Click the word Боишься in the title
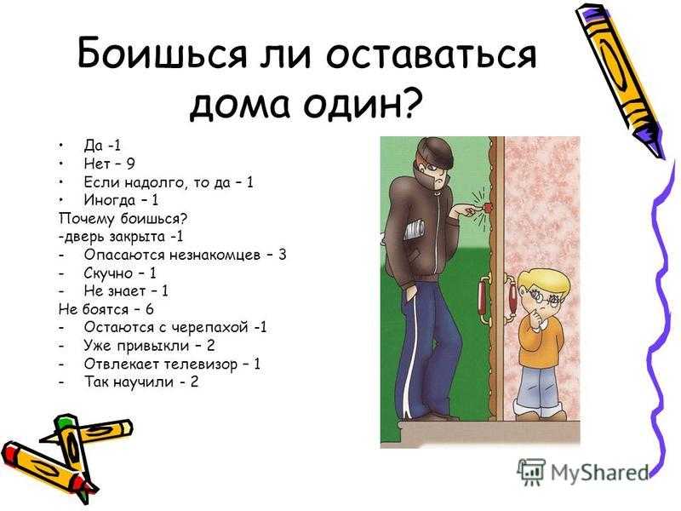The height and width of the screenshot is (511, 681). (x=163, y=54)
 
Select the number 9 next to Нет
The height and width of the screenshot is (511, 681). (x=130, y=164)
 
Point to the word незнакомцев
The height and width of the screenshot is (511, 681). (x=215, y=255)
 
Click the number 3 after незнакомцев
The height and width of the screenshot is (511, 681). (x=283, y=254)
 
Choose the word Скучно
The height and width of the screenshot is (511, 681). (x=108, y=273)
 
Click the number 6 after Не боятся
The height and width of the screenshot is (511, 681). (x=150, y=309)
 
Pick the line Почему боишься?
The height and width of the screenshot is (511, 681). (x=123, y=219)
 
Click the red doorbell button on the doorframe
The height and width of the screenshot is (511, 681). (x=488, y=207)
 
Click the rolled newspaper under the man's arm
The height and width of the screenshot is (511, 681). (x=414, y=230)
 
